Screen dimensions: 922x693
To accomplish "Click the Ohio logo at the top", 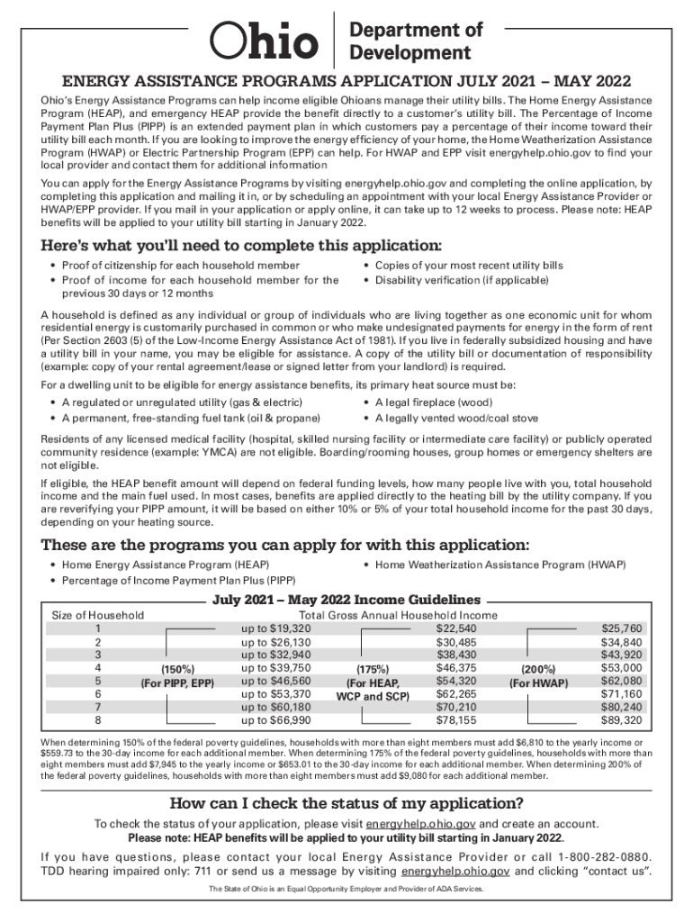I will coord(264,41).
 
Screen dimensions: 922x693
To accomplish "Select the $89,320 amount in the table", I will coord(621,721).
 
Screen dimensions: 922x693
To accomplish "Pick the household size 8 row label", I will coord(97,721).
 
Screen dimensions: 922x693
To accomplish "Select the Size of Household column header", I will coord(98,615).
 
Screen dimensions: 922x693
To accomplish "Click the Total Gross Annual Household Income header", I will coord(391,615).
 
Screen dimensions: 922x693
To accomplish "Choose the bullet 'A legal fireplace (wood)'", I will coord(432,402).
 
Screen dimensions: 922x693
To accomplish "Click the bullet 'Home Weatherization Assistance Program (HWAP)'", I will coord(499,565).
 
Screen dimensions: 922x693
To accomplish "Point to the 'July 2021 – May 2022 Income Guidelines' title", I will coord(346,601).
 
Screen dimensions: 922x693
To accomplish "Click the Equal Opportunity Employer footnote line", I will coord(346,890).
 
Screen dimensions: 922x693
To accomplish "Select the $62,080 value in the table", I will coord(621,682).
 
